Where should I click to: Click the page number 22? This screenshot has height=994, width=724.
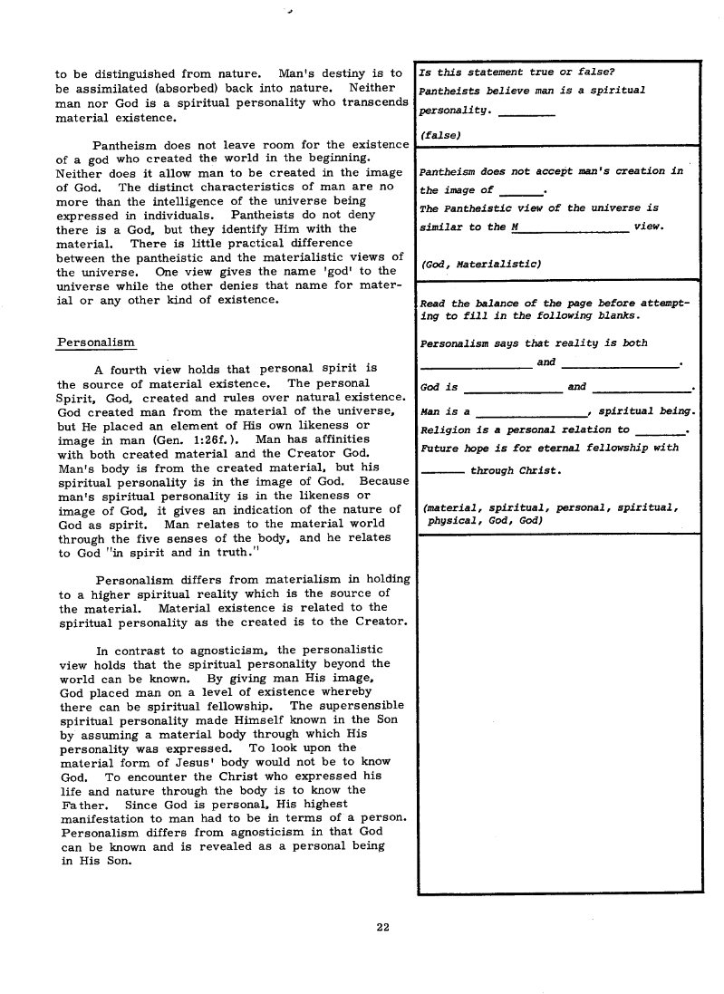pos(382,926)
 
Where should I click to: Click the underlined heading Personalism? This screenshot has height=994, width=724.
pos(95,343)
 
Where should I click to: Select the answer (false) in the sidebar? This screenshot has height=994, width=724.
pos(440,134)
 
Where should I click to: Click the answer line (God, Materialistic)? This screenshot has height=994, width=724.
pos(481,264)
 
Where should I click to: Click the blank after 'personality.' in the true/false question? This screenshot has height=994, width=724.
pos(526,113)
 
